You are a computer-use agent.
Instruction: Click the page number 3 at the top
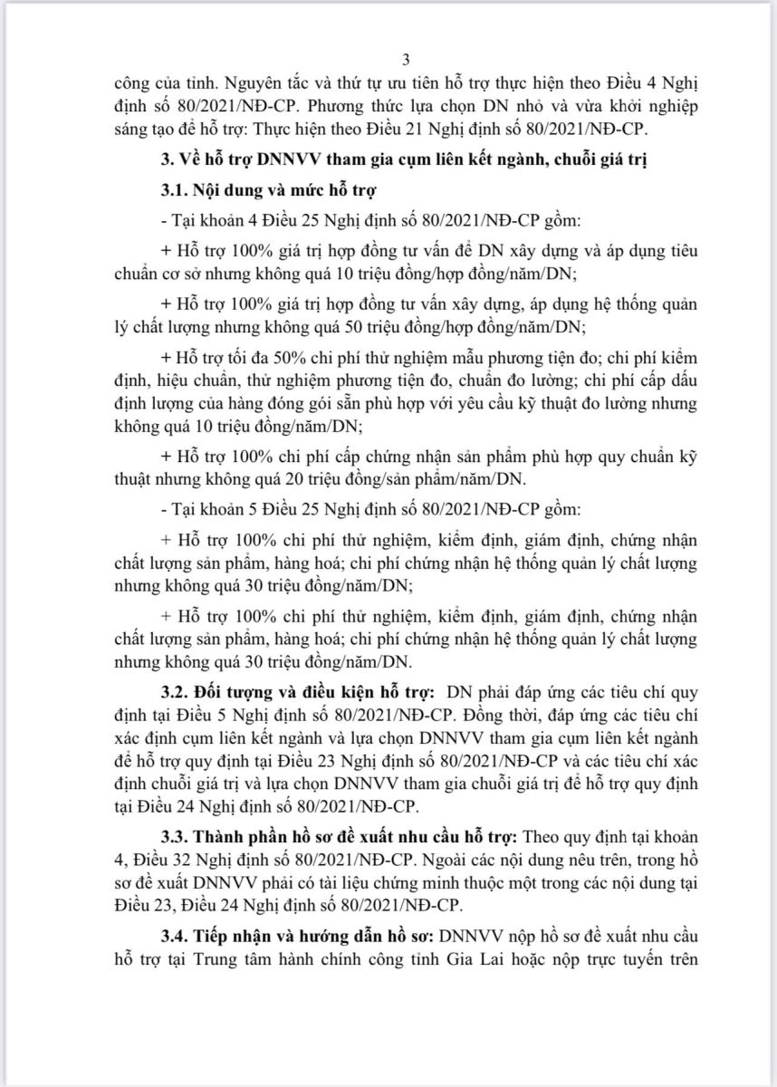[406, 61]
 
